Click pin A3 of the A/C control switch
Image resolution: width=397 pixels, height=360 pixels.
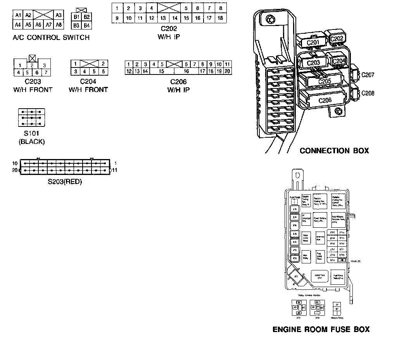point(59,16)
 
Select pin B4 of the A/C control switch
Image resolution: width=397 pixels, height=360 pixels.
point(87,26)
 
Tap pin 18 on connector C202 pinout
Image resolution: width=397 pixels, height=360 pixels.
point(220,18)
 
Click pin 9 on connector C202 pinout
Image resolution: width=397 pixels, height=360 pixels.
point(117,18)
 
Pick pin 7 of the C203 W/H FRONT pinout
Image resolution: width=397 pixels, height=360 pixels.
point(46,73)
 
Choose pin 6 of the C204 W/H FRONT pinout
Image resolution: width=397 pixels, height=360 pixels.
point(103,72)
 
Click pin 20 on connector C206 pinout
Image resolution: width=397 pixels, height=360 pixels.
point(227,71)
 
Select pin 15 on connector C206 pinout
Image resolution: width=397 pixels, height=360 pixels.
point(161,71)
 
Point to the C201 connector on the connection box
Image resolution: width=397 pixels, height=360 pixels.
point(312,43)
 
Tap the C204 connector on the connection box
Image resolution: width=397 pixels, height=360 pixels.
point(338,61)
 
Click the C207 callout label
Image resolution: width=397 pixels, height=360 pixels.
point(368,74)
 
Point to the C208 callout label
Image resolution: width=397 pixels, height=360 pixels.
point(368,93)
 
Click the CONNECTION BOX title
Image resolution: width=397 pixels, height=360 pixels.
point(334,151)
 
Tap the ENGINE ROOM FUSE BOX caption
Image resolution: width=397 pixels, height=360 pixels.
point(321,329)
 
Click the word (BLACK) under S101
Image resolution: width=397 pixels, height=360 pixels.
point(32,142)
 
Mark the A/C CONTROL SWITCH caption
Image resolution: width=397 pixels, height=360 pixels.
point(51,38)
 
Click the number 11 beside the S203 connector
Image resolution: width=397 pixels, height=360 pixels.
point(115,170)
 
